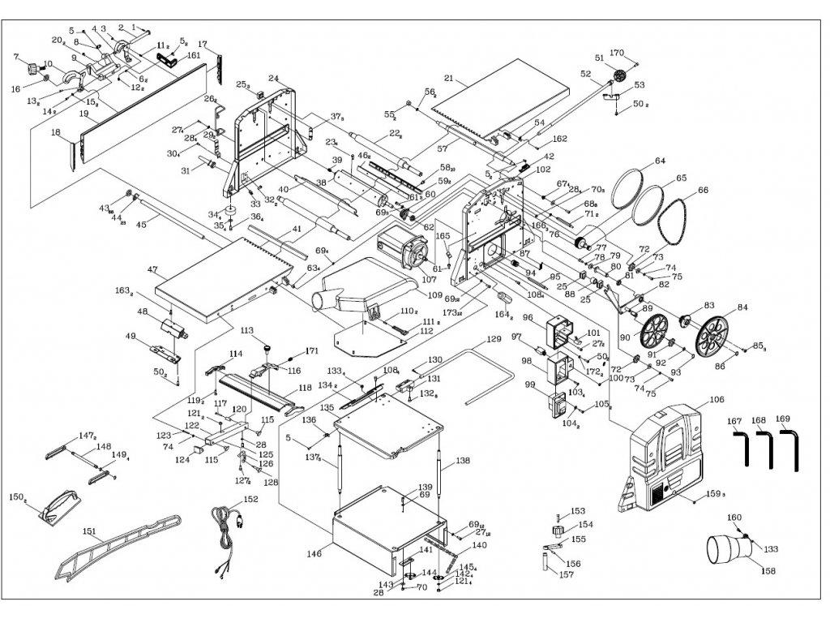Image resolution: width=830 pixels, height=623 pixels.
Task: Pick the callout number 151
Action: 88,532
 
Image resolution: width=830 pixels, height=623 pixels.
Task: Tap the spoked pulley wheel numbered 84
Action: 711,333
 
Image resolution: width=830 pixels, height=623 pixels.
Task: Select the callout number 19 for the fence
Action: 83,114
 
